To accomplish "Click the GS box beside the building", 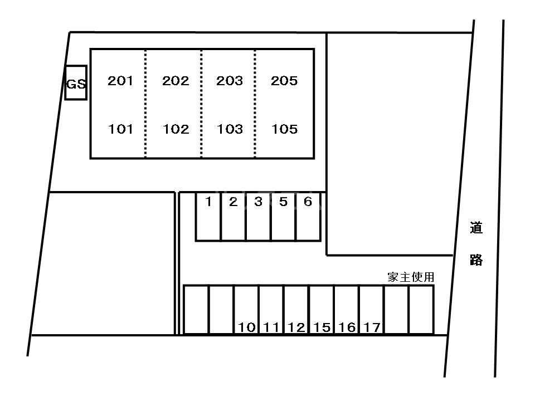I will pyautogui.click(x=76, y=84).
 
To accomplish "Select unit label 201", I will pyautogui.click(x=120, y=81).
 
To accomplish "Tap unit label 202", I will pyautogui.click(x=176, y=81).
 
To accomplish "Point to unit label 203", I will pyautogui.click(x=230, y=81).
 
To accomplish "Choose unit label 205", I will pyautogui.click(x=284, y=81).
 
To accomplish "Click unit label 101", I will pyautogui.click(x=120, y=130).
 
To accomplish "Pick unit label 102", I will pyautogui.click(x=176, y=130).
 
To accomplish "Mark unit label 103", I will pyautogui.click(x=230, y=130).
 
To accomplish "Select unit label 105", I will pyautogui.click(x=284, y=130).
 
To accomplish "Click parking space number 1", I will pyautogui.click(x=208, y=202).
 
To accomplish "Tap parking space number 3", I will pyautogui.click(x=258, y=202).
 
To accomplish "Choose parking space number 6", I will pyautogui.click(x=308, y=202).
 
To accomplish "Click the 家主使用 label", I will pyautogui.click(x=411, y=277).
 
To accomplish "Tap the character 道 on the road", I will pyautogui.click(x=476, y=228).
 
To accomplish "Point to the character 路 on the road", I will pyautogui.click(x=476, y=260).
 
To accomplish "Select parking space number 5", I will pyautogui.click(x=283, y=202).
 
